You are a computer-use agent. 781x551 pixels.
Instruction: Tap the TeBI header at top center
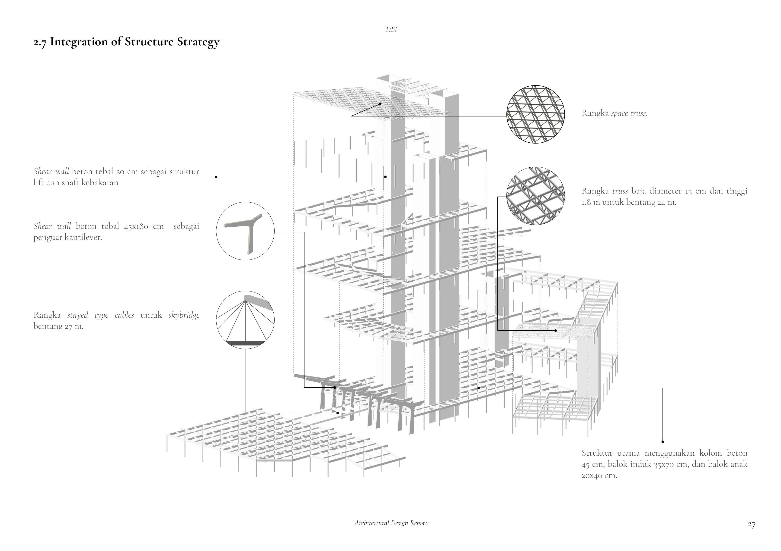[x=391, y=30]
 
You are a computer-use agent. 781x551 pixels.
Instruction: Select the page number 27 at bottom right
[x=751, y=525]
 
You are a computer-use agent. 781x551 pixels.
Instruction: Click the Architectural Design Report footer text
[x=391, y=523]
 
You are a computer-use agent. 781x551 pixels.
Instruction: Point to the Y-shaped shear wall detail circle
[x=245, y=231]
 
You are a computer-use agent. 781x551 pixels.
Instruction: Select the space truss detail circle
[x=535, y=114]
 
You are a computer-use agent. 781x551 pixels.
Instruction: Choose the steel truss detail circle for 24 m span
[x=535, y=196]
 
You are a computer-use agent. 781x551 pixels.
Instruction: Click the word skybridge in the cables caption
[x=184, y=316]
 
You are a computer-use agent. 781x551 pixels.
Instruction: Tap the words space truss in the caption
[x=629, y=113]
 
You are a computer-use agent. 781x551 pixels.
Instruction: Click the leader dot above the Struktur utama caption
[x=663, y=442]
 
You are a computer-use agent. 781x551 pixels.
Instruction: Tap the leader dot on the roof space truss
[x=381, y=104]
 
